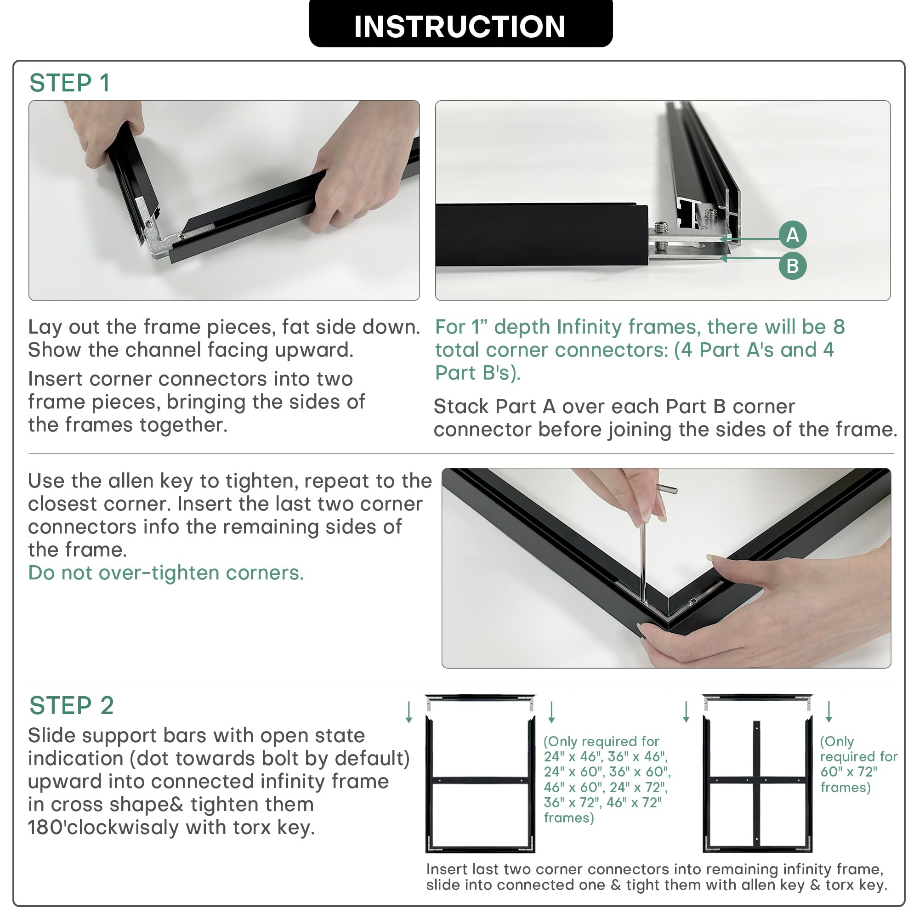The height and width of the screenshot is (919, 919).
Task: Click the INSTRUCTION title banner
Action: point(460,24)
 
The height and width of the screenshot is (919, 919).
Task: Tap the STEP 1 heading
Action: point(70,83)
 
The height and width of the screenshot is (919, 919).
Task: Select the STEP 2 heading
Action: point(72,705)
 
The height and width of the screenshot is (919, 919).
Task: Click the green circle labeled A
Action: point(793,234)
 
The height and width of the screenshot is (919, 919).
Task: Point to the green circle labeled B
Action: point(793,266)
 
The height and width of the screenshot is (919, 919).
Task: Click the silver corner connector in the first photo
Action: point(157,228)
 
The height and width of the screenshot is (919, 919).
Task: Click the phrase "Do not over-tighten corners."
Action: point(166,573)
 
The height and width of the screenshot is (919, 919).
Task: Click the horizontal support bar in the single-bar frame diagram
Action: point(481,781)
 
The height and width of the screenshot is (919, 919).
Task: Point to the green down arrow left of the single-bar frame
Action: point(408,712)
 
